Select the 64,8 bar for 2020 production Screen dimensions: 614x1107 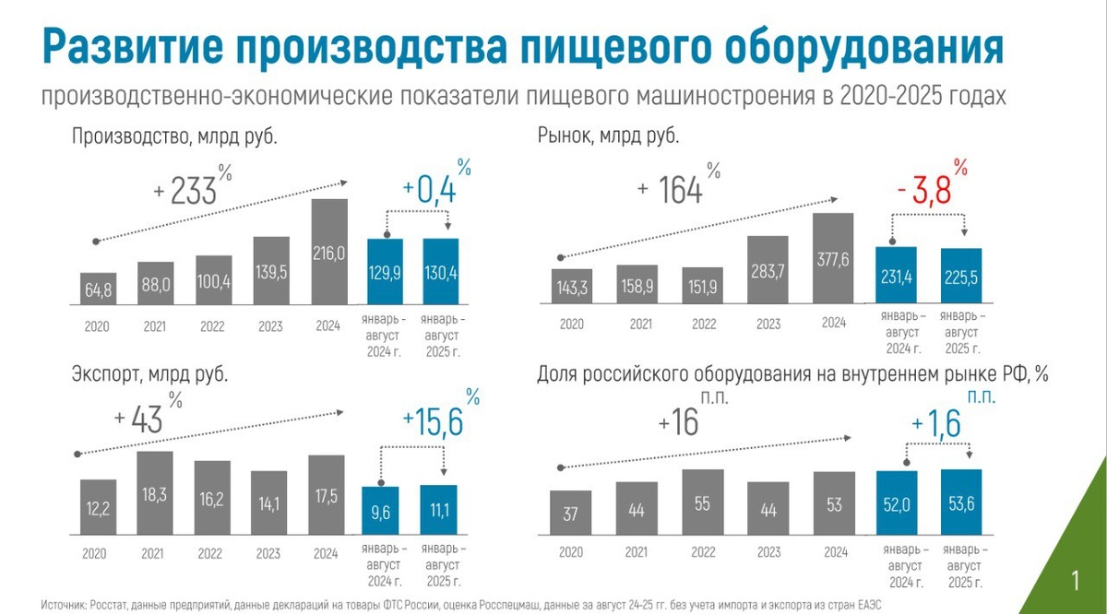click(x=98, y=289)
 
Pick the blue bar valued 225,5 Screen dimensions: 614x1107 click(x=961, y=277)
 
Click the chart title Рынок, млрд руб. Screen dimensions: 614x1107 click(x=609, y=136)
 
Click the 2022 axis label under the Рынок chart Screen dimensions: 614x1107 click(x=704, y=325)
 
